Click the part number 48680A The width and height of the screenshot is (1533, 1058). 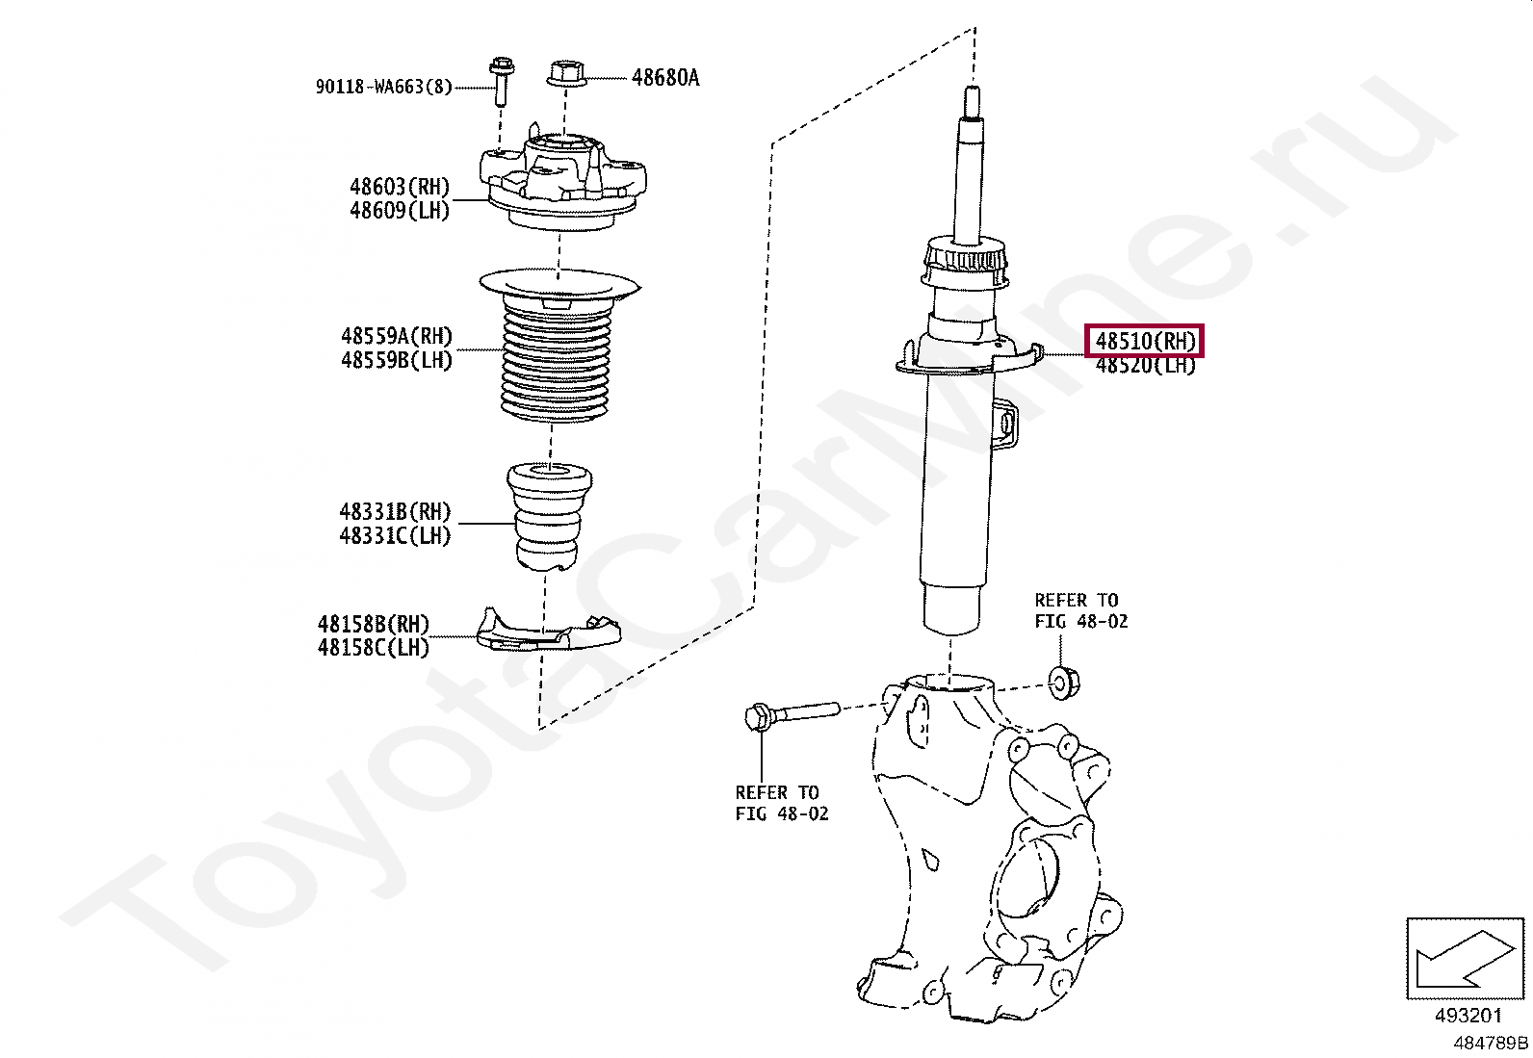(x=665, y=78)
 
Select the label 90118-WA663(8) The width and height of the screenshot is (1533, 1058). (x=384, y=87)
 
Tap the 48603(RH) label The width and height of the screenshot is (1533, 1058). (x=400, y=186)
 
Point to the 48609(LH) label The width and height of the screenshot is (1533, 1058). (x=400, y=210)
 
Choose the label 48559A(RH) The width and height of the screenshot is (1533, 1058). (x=397, y=336)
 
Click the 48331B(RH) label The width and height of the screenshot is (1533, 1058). (x=396, y=511)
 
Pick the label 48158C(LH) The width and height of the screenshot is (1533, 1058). (x=374, y=647)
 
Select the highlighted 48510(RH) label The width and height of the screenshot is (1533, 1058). (x=1145, y=341)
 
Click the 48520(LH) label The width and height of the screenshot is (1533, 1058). (x=1146, y=366)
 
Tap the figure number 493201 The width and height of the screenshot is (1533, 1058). (x=1468, y=1015)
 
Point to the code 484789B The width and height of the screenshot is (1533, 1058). (x=1491, y=1043)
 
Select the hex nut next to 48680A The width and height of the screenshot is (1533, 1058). (x=565, y=73)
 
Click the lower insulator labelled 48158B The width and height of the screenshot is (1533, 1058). (x=548, y=630)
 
